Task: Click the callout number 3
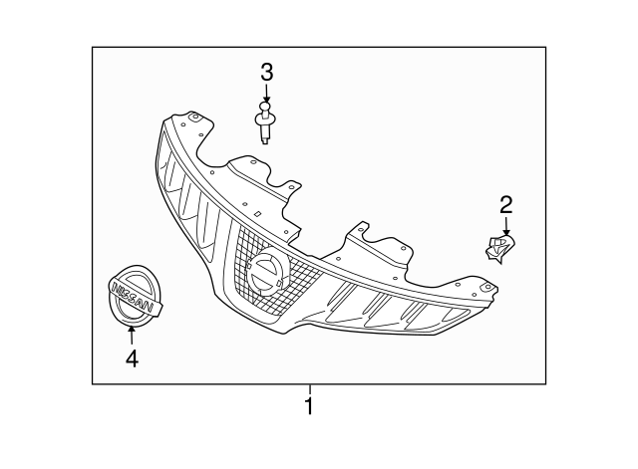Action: (266, 72)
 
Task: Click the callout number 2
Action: (505, 205)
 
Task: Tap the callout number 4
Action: (132, 355)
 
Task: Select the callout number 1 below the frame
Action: (310, 406)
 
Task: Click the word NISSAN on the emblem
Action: (133, 296)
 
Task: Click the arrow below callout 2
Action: (505, 227)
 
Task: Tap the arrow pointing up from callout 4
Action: (132, 333)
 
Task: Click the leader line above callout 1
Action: (310, 389)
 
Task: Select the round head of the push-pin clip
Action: (264, 108)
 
